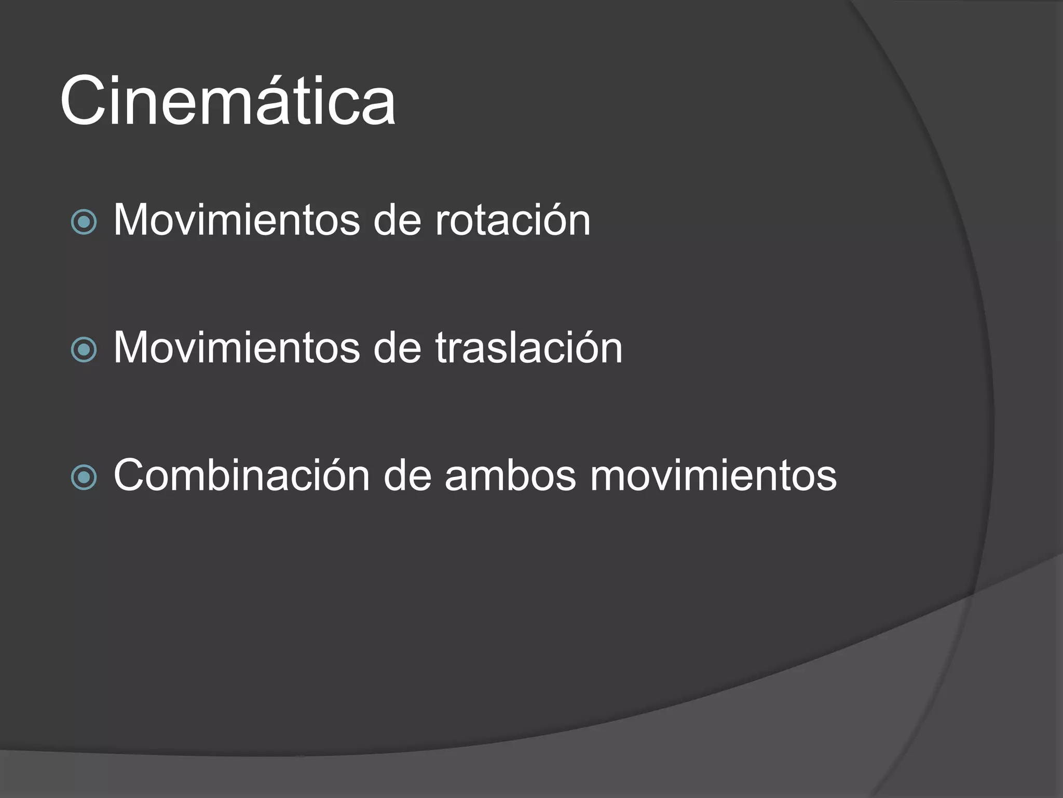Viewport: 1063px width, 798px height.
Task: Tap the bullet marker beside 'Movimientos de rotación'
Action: point(84,222)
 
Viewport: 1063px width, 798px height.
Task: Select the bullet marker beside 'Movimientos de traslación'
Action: point(84,349)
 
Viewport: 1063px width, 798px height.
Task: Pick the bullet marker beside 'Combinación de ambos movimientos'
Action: point(84,477)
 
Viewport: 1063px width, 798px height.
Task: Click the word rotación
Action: point(512,220)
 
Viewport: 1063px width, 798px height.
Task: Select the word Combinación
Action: point(241,475)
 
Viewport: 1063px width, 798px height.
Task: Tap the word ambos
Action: point(510,475)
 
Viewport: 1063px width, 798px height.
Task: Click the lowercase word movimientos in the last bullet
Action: point(713,475)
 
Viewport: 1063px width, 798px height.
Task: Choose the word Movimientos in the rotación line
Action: point(236,220)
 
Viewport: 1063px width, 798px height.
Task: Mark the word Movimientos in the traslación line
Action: point(236,348)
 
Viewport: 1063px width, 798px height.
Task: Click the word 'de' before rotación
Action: point(397,220)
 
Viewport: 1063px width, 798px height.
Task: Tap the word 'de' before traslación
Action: point(397,348)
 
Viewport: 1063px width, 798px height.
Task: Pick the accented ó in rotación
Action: point(550,219)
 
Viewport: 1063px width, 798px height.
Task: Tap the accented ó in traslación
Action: point(582,347)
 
